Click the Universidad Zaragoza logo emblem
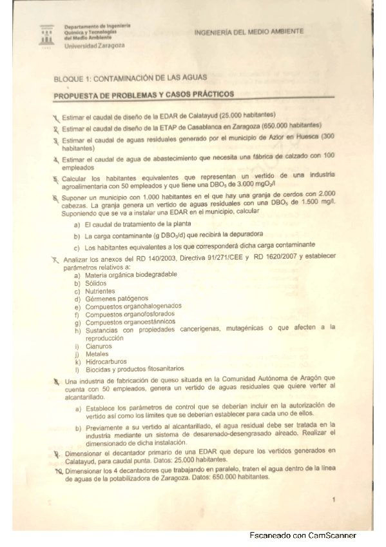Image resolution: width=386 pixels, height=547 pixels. tap(46, 36)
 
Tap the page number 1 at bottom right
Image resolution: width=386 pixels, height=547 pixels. tap(333, 500)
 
